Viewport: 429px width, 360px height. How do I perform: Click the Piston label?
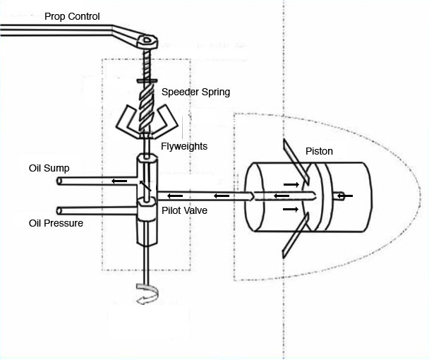pos(320,151)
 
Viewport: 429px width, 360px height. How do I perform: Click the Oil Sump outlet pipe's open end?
pos(59,181)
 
